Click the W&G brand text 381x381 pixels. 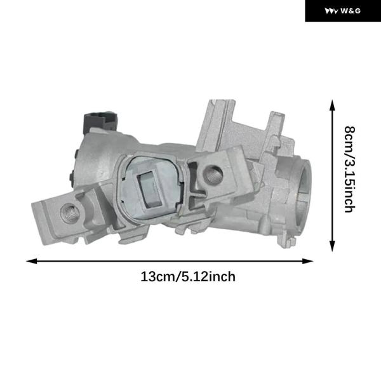point(350,11)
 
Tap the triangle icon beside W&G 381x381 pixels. point(331,11)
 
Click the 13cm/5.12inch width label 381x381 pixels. point(188,277)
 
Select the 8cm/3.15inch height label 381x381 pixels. point(350,170)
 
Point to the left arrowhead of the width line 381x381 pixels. point(32,261)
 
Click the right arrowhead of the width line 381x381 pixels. point(307,261)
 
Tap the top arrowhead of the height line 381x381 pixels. point(332,105)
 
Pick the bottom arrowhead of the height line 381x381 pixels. point(332,246)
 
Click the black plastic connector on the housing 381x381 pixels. point(100,122)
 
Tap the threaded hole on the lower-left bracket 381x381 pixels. point(70,213)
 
